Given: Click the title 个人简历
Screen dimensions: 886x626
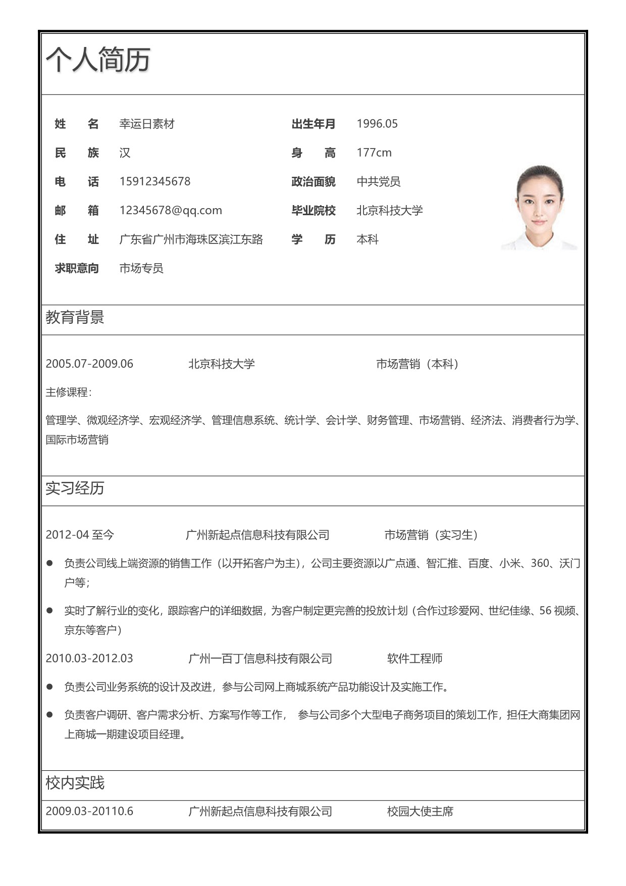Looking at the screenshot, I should [98, 60].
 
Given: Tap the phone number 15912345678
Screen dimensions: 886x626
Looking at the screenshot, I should [154, 181].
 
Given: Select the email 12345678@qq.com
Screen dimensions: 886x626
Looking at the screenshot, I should [171, 210].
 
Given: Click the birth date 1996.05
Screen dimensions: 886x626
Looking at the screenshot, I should [377, 124].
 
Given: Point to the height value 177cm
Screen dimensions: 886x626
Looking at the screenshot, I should [374, 153].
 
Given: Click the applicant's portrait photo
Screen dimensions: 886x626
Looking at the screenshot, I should [539, 208].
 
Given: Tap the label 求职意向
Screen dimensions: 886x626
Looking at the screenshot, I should [77, 268].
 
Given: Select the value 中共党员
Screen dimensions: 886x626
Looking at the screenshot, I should [378, 181].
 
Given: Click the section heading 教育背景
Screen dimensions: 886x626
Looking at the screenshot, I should [75, 318].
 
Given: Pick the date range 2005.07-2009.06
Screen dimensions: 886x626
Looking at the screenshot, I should [89, 364].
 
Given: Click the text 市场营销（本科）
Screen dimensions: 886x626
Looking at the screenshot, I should [418, 364].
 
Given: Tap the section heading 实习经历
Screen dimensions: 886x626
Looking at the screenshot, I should [75, 488].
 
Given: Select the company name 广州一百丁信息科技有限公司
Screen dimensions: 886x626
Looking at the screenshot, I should [260, 659].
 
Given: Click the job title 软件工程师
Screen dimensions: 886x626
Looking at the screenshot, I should [414, 659].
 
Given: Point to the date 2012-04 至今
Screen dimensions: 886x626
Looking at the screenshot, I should [80, 534].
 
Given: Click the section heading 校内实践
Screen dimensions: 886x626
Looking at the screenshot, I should [75, 783].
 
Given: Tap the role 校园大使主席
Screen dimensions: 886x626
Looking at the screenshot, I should [420, 812].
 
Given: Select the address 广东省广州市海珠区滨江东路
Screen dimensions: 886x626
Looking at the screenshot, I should [191, 239].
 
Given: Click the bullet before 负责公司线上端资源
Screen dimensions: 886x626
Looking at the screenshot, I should [49, 563].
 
